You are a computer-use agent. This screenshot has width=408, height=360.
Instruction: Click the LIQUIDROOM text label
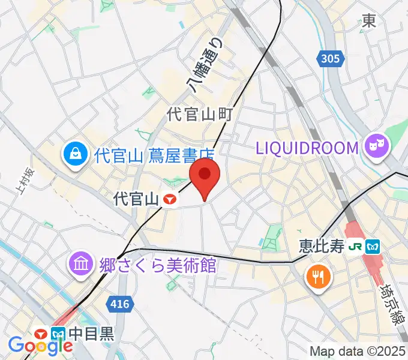pos(307,147)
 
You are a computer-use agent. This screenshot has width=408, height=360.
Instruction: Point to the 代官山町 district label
pos(200,114)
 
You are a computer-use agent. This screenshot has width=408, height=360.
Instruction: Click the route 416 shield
pos(120,304)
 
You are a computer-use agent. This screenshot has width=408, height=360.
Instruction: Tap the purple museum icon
pos(79,264)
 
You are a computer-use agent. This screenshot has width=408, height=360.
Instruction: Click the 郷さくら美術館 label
pos(157,265)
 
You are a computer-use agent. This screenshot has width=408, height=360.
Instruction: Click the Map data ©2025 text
pos(358,351)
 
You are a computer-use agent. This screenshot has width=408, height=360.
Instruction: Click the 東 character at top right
pos(368,21)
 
